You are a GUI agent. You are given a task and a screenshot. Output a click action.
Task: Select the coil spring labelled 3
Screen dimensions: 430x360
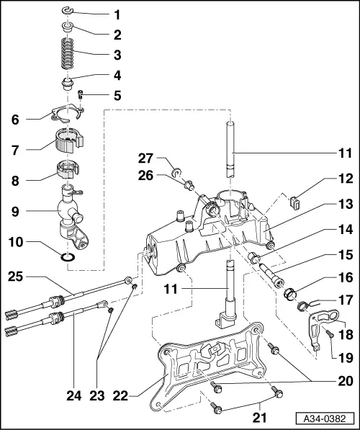point(67,54)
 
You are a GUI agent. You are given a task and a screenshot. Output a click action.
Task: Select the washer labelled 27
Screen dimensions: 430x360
point(176,173)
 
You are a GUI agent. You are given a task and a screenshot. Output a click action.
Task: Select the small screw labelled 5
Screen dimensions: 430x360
point(81,93)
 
